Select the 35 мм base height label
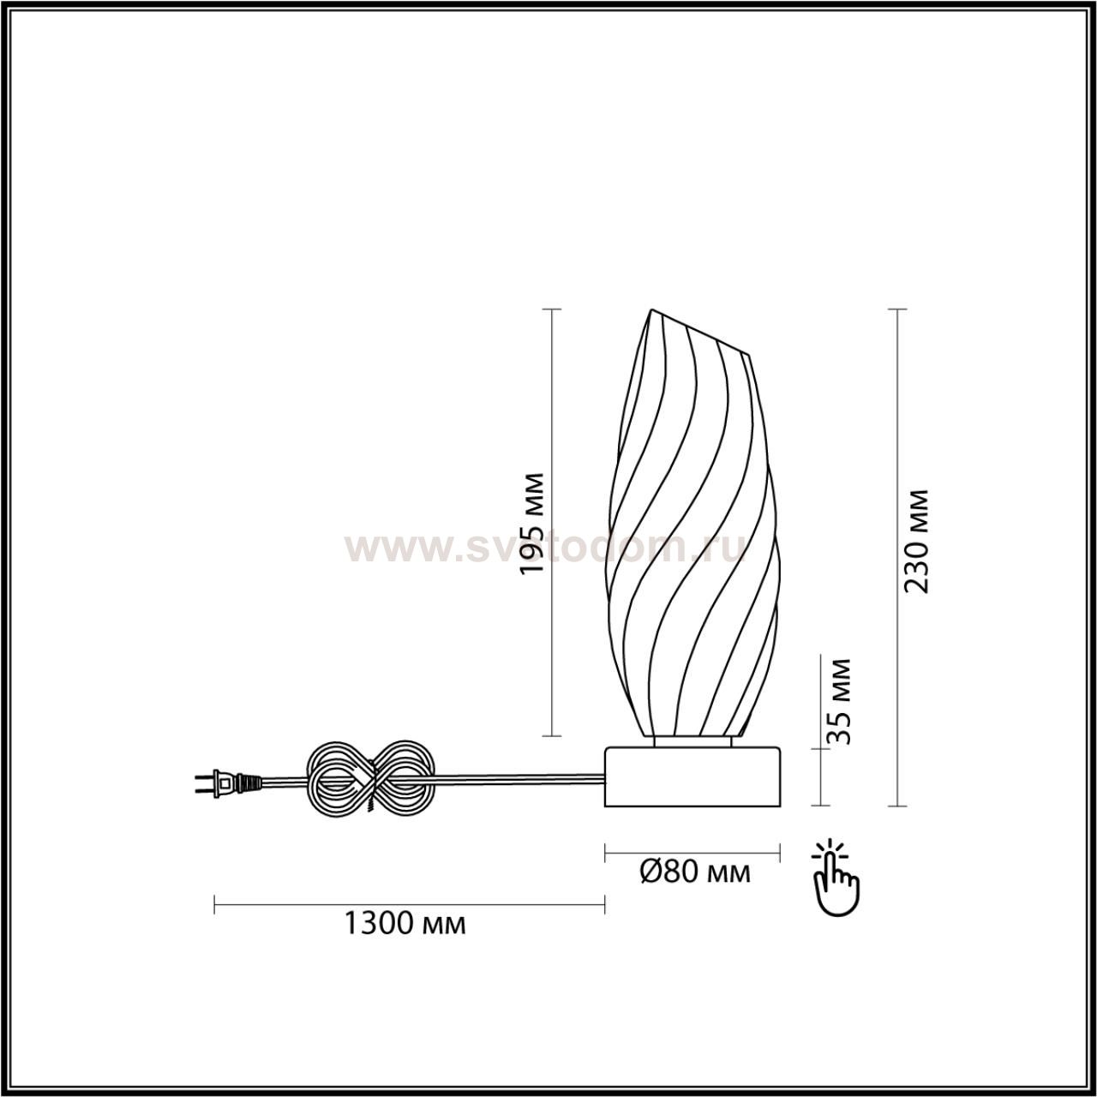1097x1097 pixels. (x=838, y=701)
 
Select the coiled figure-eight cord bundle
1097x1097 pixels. (x=371, y=780)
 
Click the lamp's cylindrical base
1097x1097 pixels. (x=692, y=777)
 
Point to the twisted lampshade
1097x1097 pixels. (x=692, y=523)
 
